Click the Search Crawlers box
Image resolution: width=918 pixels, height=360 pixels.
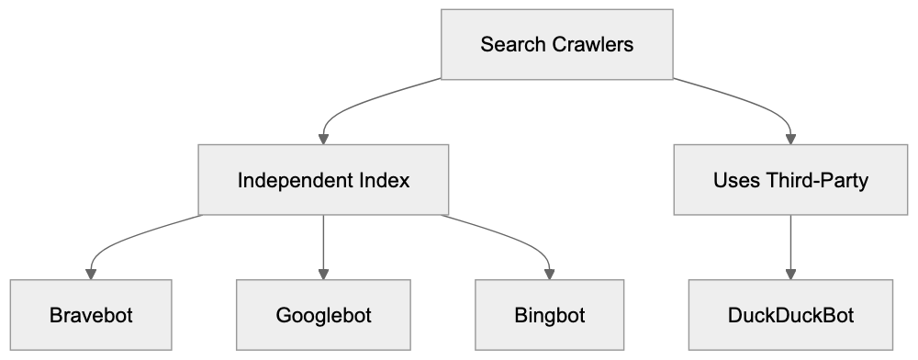[556, 44]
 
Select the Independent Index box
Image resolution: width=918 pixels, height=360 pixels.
[323, 180]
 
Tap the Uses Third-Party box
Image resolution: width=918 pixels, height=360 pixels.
[789, 180]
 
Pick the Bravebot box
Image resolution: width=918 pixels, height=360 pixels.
[91, 316]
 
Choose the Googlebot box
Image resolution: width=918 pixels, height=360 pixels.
[323, 316]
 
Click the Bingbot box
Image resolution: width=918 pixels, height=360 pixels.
[550, 316]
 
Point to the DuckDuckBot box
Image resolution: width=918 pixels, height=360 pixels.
[789, 316]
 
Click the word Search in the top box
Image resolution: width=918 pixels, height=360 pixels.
[510, 44]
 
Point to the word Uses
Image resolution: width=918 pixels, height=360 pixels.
[733, 180]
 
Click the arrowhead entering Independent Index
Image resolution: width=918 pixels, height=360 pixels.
[323, 138]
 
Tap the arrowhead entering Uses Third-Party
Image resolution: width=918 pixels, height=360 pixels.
[789, 138]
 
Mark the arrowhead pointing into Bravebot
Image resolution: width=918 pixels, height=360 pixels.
[91, 274]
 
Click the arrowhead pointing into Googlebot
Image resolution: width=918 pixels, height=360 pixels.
[323, 274]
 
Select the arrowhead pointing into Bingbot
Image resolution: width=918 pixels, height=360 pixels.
[550, 274]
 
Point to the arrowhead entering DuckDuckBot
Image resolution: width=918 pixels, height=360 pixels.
[789, 274]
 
